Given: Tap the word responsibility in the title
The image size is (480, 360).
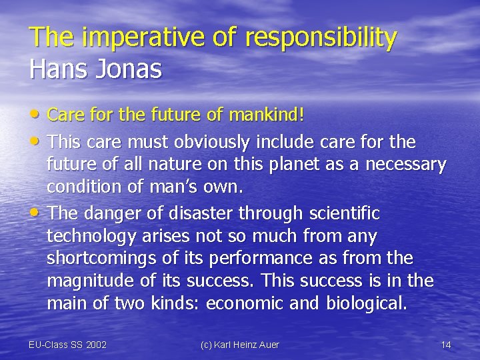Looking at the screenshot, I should (321, 38).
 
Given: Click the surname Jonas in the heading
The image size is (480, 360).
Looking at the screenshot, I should (132, 69).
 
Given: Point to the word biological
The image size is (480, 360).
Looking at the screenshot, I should (366, 304).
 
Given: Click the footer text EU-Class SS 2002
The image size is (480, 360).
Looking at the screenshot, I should (68, 345).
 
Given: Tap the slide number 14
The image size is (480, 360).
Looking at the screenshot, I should (446, 345).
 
